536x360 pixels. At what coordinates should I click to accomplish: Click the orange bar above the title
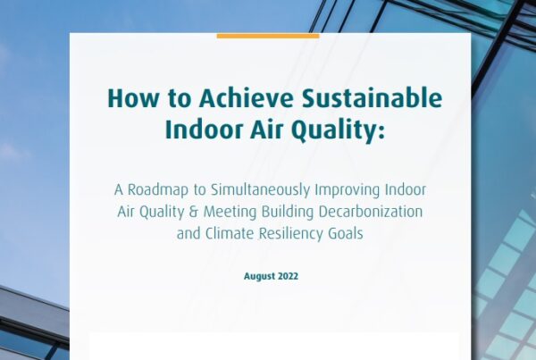coord(268,36)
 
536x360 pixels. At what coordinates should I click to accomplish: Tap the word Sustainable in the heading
coord(372,98)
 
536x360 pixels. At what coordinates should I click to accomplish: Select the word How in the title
coord(133,98)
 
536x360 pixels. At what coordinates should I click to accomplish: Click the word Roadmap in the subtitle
coord(158,190)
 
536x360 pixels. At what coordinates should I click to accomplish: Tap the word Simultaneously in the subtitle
coord(260,190)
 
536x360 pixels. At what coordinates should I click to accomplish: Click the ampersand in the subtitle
coord(194,212)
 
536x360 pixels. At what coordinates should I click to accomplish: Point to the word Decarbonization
coord(371,212)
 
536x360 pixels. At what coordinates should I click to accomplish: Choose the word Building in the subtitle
coord(288,213)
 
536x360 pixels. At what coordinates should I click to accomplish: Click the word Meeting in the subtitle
coord(230,213)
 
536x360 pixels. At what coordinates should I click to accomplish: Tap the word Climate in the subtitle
coord(230,234)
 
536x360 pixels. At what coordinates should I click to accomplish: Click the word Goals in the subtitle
coord(346,234)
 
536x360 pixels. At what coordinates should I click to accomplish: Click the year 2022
coord(289,276)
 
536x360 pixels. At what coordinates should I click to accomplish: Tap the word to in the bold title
coord(180,99)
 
